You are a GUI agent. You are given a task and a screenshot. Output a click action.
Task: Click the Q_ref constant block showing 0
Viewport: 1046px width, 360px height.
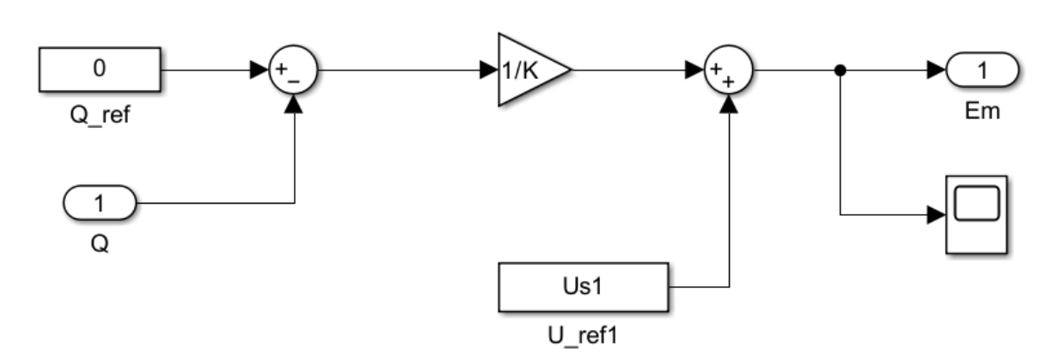click(100, 69)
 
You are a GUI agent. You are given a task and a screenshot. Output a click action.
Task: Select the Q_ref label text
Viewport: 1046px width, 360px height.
click(100, 114)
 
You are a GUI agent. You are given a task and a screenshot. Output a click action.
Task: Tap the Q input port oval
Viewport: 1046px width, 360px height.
click(100, 203)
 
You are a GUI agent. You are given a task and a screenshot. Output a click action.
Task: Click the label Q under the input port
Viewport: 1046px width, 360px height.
click(100, 243)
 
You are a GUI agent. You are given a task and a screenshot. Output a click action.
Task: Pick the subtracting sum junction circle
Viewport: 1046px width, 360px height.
click(293, 70)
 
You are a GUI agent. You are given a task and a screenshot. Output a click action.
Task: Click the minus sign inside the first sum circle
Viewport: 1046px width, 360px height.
click(294, 82)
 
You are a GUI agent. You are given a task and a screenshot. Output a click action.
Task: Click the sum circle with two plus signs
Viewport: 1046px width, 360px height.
click(729, 70)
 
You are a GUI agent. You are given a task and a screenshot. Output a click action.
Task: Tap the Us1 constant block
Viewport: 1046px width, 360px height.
click(584, 287)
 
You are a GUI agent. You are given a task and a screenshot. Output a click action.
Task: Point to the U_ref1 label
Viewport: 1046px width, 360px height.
click(583, 335)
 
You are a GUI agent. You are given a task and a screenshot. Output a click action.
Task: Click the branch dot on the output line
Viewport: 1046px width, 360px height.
click(840, 70)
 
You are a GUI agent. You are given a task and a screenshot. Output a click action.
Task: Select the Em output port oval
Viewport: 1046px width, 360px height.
click(982, 70)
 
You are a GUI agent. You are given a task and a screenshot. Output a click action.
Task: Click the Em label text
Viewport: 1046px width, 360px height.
click(982, 112)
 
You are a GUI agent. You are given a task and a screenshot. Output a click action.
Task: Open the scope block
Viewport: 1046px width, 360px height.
click(976, 215)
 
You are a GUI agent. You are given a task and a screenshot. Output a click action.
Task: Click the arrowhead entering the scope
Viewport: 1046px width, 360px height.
click(937, 215)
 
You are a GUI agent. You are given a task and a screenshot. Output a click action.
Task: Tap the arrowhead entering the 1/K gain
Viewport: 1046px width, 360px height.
click(489, 70)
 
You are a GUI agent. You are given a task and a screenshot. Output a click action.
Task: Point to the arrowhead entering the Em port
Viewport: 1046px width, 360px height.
click(937, 70)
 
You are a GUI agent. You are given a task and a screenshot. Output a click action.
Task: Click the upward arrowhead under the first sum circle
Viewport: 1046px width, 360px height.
click(294, 104)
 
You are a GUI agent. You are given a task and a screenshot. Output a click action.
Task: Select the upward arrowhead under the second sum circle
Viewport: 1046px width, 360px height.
click(729, 104)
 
